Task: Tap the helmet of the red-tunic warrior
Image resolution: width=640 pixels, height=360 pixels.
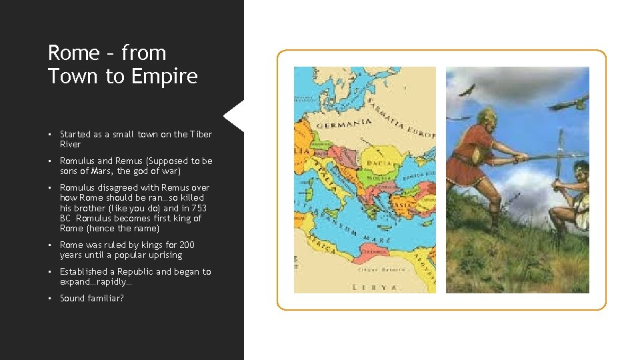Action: coord(486,115)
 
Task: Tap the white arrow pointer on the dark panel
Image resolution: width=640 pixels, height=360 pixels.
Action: coord(234,116)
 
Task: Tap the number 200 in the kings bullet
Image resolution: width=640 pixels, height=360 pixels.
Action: coord(186,245)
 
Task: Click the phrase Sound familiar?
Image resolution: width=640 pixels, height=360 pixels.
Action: coord(92,298)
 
